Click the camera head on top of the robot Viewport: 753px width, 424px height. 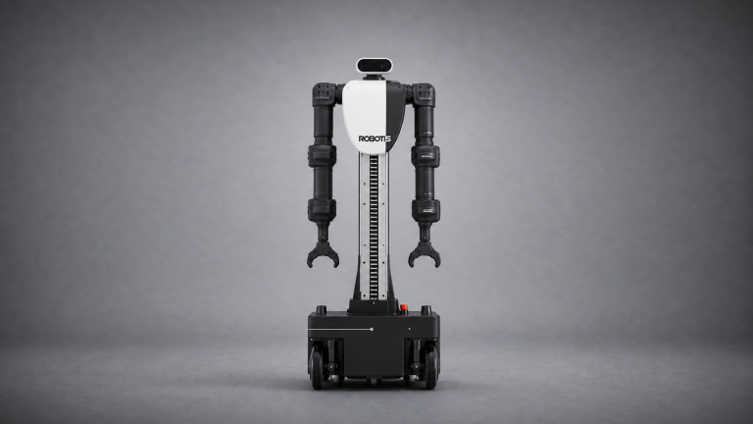[x=375, y=66]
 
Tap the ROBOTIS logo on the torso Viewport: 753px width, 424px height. [x=375, y=139]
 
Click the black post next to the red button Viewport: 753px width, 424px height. [x=426, y=309]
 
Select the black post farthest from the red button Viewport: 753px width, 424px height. [x=321, y=309]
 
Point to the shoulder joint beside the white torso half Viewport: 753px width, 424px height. [x=325, y=94]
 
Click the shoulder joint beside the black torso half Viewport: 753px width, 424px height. [x=424, y=94]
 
